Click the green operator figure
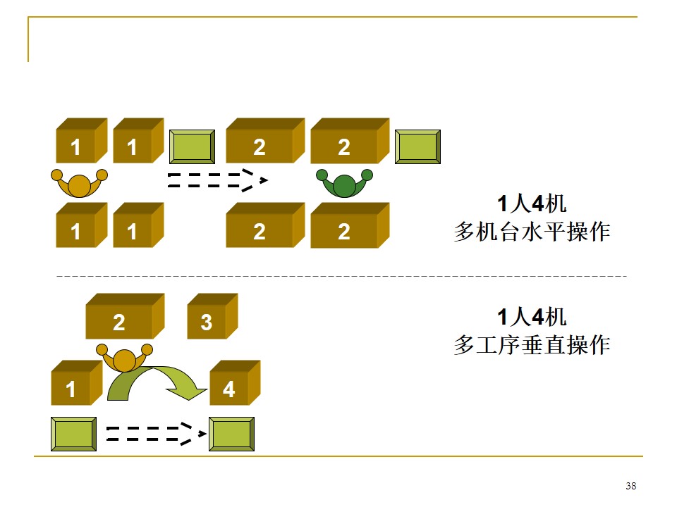344,184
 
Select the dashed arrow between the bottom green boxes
151,434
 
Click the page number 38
630,487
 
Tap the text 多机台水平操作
532,232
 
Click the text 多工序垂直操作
532,345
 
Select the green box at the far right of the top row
417,147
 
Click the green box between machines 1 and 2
192,147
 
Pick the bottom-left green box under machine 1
73,434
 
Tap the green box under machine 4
231,434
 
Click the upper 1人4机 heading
532,205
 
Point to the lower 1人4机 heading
532,317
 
